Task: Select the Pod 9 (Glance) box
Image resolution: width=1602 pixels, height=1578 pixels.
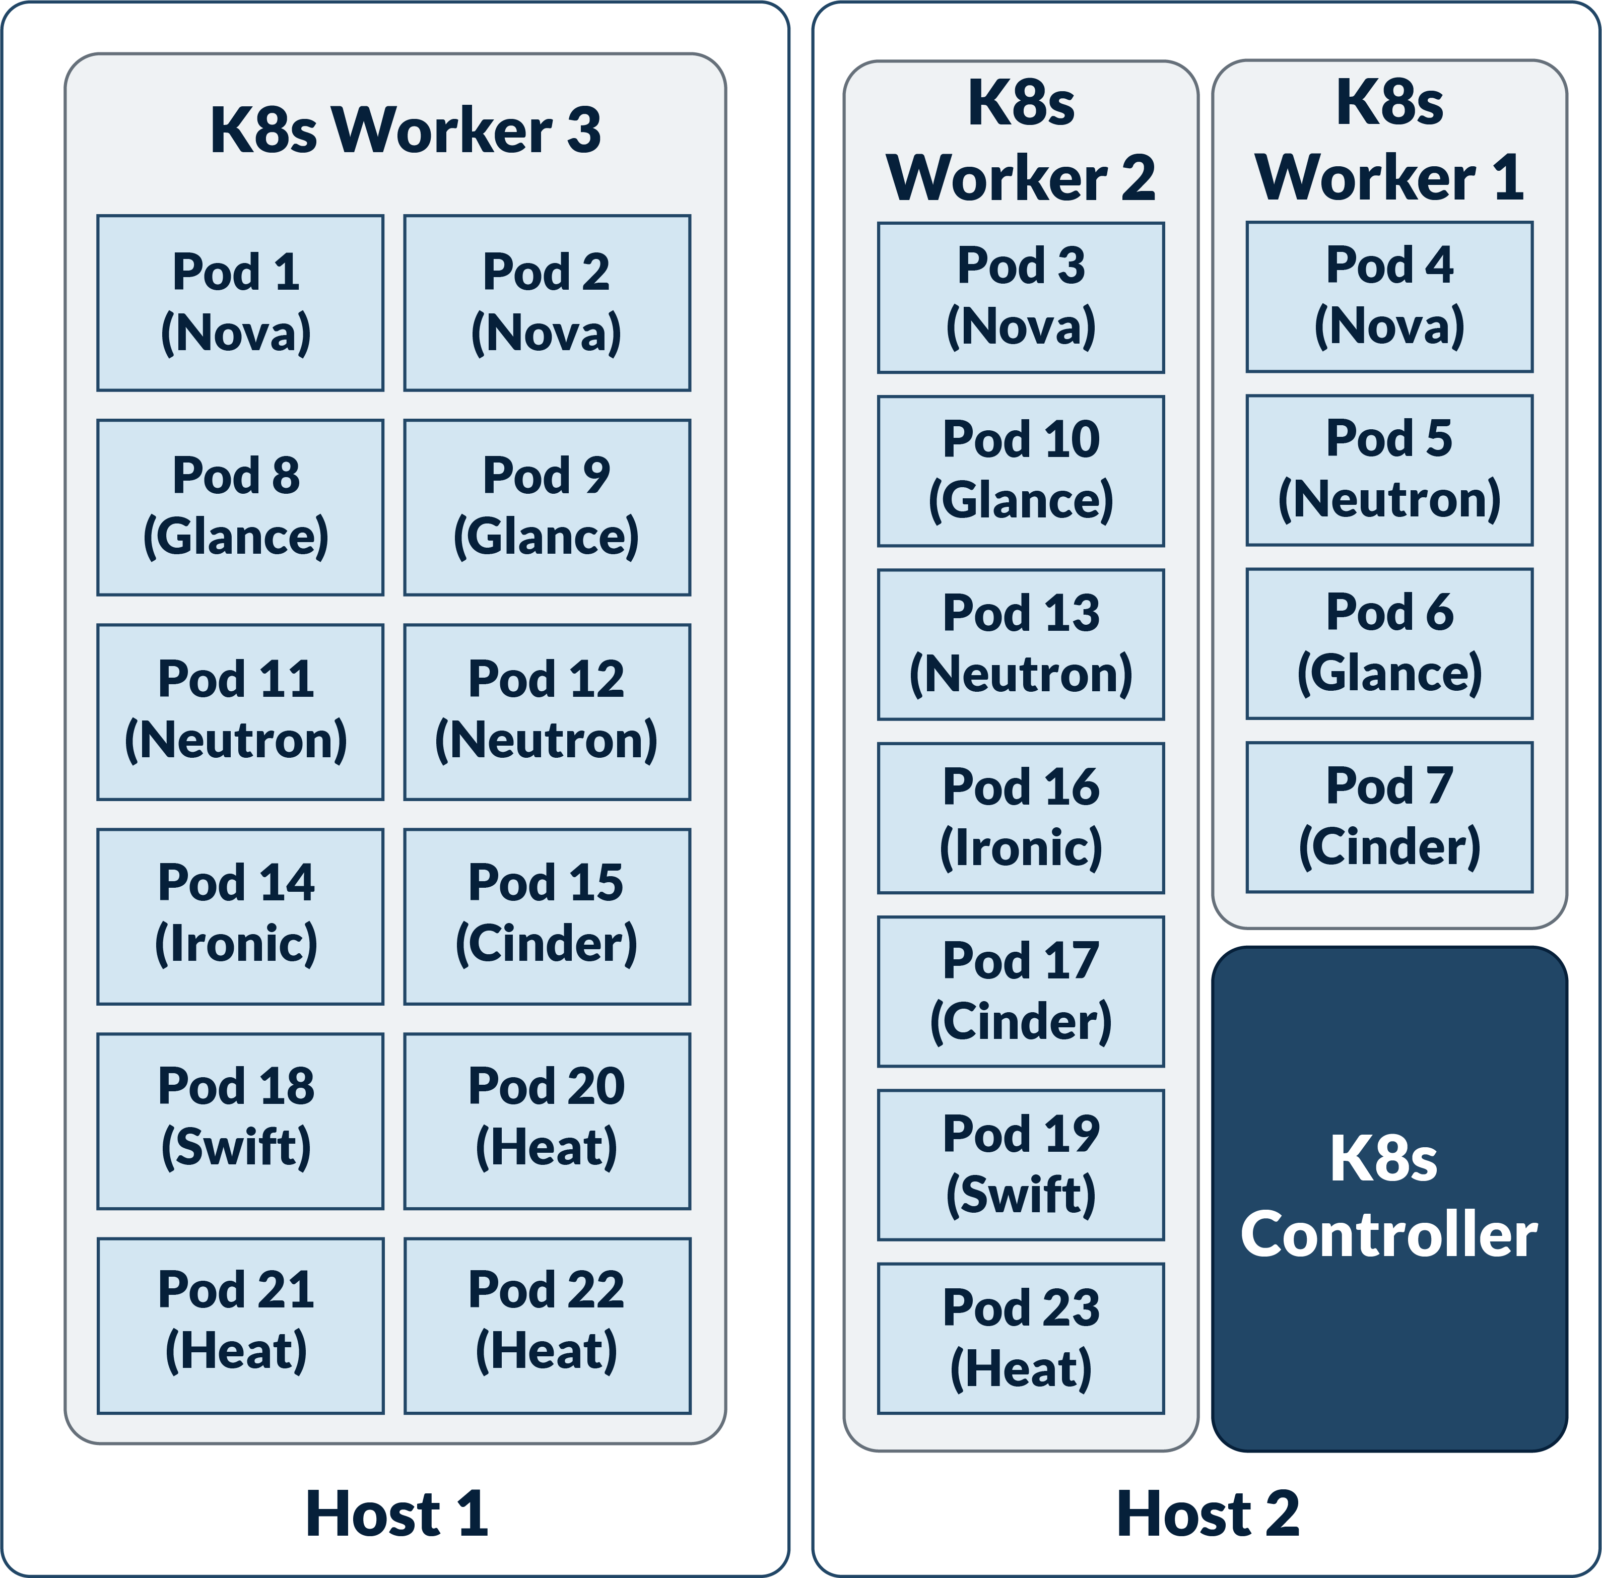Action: point(547,507)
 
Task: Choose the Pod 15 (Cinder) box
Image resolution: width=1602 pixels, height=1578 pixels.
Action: point(547,916)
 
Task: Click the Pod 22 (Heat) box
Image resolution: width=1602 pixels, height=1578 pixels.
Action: point(547,1325)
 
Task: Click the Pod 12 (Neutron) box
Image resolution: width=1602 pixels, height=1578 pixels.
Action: point(547,711)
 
